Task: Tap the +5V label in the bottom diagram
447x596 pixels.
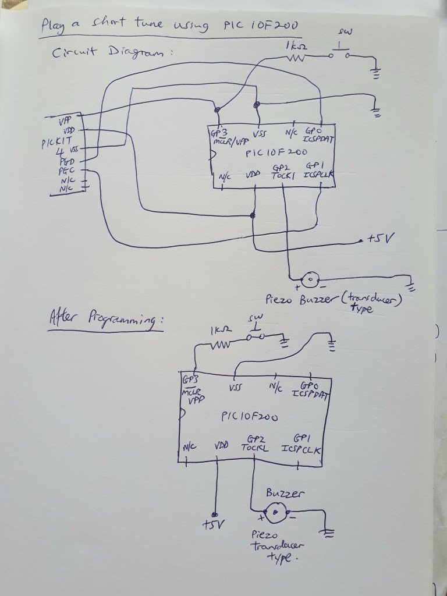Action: point(211,524)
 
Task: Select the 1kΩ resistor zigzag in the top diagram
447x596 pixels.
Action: point(297,57)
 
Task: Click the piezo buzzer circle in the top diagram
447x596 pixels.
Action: point(311,280)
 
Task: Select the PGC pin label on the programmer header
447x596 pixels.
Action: point(65,171)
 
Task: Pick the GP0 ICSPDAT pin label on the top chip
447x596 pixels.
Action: point(317,136)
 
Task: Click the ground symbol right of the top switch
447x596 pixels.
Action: point(375,73)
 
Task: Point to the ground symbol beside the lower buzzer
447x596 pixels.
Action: point(329,532)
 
